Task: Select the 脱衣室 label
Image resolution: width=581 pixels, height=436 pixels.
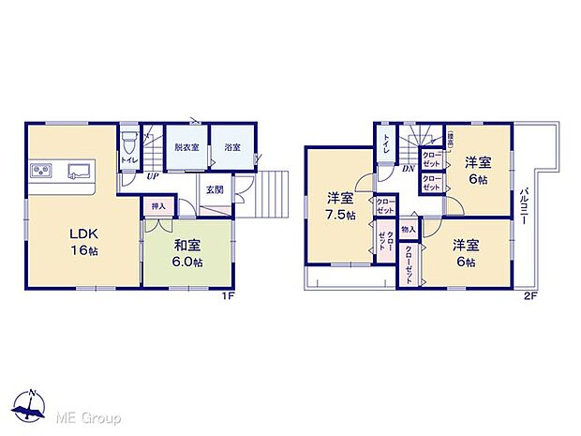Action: tap(186, 148)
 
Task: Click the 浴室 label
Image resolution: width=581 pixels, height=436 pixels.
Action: tap(232, 148)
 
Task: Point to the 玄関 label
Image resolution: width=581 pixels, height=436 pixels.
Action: tap(215, 190)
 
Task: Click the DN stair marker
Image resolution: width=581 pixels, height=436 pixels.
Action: tap(409, 170)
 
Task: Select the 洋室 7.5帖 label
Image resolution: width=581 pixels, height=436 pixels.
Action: tap(339, 206)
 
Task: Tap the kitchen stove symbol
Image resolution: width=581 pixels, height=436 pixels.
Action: tap(42, 171)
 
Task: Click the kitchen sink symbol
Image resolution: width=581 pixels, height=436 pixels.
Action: tap(78, 171)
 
